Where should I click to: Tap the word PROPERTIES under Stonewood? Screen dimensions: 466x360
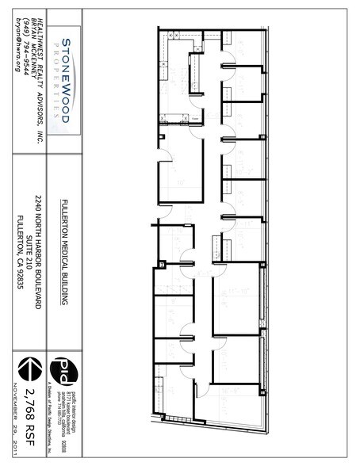pyautogui.click(x=57, y=79)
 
